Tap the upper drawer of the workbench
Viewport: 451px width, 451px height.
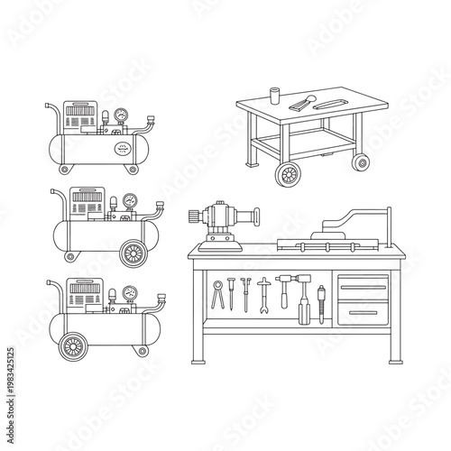pyautogui.click(x=363, y=288)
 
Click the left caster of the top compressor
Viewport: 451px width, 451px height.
pyautogui.click(x=65, y=169)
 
